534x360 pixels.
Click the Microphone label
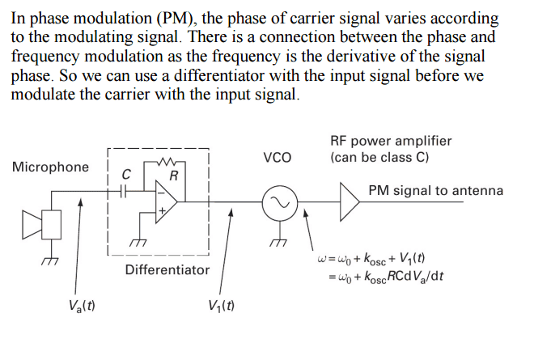(x=50, y=167)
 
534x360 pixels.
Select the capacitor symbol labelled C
(x=124, y=192)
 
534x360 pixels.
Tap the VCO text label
(x=278, y=157)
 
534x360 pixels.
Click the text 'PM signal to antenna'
(x=435, y=191)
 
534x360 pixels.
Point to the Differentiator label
(x=167, y=269)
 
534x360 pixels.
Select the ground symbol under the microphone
(x=52, y=259)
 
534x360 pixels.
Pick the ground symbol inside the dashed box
(x=138, y=241)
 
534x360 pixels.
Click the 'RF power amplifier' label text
(x=391, y=141)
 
